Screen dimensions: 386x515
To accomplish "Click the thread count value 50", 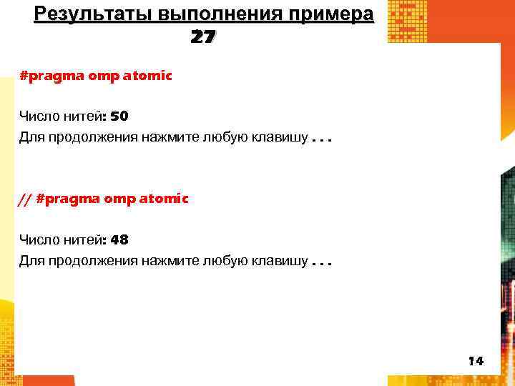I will coord(119,116).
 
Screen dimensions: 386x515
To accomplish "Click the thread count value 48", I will coord(119,240).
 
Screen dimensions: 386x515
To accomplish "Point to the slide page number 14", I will coord(476,361).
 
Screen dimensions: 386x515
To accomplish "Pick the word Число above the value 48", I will coord(39,240).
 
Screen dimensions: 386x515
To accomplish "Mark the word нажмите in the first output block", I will coord(170,137).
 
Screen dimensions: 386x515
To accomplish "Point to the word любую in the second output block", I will coord(224,261).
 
